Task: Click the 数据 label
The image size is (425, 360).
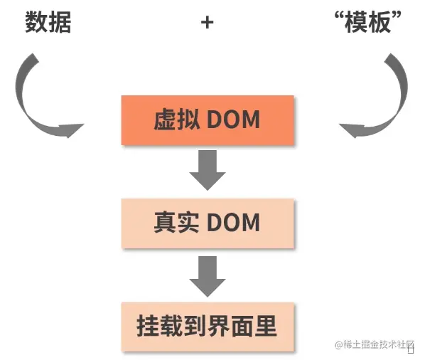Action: click(48, 23)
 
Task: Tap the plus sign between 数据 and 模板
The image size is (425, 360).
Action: click(207, 23)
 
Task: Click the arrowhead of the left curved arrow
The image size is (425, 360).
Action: click(71, 130)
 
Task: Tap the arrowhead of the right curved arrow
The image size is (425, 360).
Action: click(353, 130)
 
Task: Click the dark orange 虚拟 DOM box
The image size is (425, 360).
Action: click(207, 120)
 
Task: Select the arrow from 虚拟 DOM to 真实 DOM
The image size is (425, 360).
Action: click(207, 170)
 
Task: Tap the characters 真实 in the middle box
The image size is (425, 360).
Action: click(175, 223)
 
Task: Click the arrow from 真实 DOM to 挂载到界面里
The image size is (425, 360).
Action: click(207, 275)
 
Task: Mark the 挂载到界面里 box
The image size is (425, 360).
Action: click(207, 327)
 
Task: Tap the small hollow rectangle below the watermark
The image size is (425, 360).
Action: click(411, 349)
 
